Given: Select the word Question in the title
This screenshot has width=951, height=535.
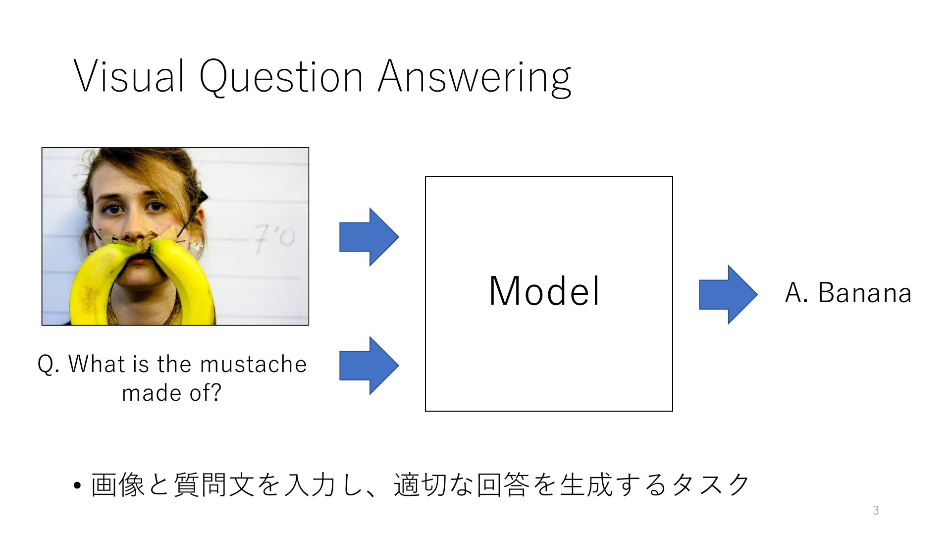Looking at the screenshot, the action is (281, 77).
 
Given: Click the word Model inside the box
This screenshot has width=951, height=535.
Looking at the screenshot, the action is (544, 291).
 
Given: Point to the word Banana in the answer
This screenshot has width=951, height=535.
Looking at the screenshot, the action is (864, 292).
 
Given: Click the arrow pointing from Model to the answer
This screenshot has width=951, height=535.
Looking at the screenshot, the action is (728, 295).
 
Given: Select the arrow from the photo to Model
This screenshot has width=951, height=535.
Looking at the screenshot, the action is (369, 237).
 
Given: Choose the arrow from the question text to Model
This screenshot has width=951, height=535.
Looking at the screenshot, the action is (369, 366).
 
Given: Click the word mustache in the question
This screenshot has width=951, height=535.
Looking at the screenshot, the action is (254, 364).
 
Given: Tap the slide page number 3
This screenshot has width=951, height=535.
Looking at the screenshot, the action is (876, 510).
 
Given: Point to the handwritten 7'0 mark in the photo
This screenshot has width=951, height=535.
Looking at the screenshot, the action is (274, 239).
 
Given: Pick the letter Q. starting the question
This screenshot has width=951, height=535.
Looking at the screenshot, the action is (49, 365).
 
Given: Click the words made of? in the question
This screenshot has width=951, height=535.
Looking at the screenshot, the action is (171, 393).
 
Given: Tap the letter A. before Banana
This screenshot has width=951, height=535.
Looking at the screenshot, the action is (796, 292).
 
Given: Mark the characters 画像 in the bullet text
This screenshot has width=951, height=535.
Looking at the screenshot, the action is (117, 485).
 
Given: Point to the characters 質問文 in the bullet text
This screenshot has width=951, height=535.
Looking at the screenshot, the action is (214, 485).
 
